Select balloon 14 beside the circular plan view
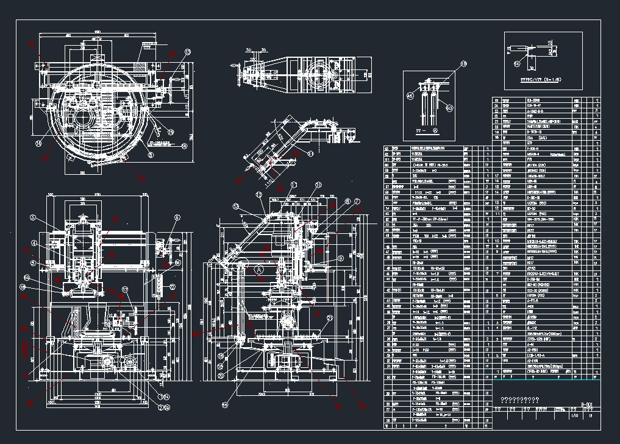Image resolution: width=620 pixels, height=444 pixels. [x=38, y=144]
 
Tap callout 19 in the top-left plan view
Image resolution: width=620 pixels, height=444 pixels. [x=171, y=132]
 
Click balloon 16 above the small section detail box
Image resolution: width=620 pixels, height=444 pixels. [x=463, y=63]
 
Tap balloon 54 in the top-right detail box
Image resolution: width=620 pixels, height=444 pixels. [x=517, y=62]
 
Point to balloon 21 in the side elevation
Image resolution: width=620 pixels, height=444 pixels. [x=330, y=318]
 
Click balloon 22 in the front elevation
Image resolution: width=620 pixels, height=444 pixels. [x=172, y=287]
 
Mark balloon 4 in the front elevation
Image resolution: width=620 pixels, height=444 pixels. [x=35, y=244]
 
